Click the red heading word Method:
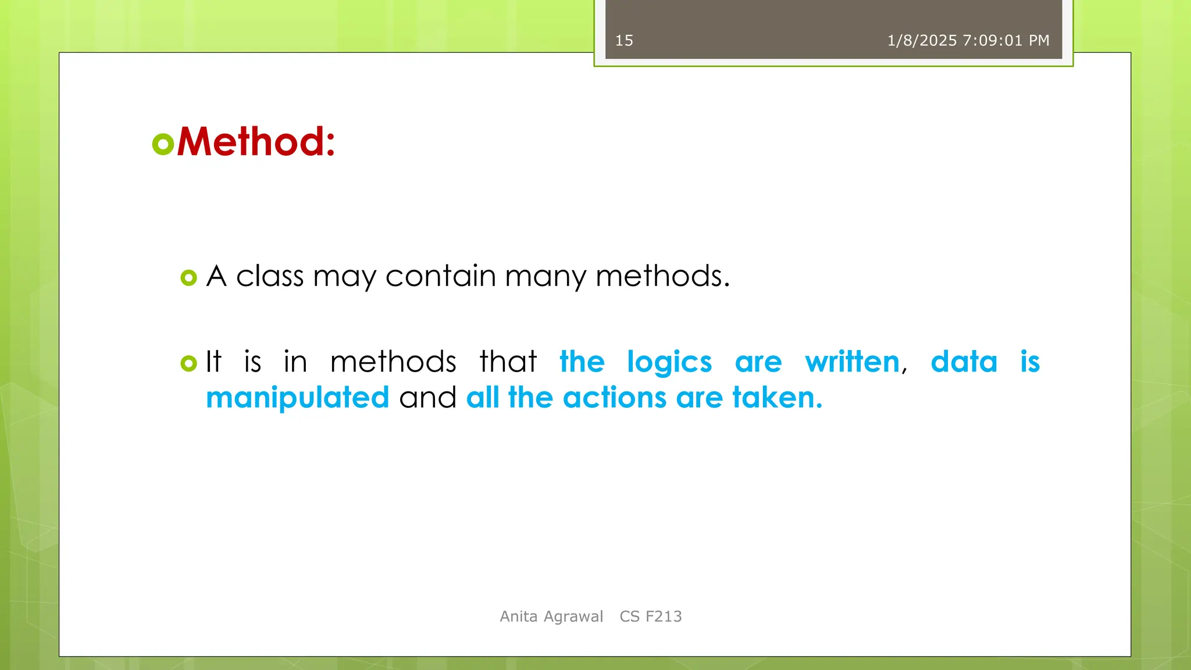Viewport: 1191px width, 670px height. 256,142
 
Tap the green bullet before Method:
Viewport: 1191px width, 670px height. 163,144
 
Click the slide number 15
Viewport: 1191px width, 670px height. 624,41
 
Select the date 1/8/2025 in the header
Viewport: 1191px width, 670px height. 922,41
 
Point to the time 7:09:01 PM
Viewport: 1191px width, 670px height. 1006,41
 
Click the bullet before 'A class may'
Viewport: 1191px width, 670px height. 188,277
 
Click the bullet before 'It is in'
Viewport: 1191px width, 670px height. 188,363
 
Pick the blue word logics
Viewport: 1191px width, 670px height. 669,363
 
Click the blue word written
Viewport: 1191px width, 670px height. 852,362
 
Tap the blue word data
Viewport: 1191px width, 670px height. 964,362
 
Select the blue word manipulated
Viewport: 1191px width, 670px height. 297,398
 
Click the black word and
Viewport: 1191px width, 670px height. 427,398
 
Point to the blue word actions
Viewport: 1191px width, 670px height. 614,398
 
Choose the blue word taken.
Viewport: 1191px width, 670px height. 776,398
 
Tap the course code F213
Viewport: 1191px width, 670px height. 664,616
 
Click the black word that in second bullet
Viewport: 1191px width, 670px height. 508,362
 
